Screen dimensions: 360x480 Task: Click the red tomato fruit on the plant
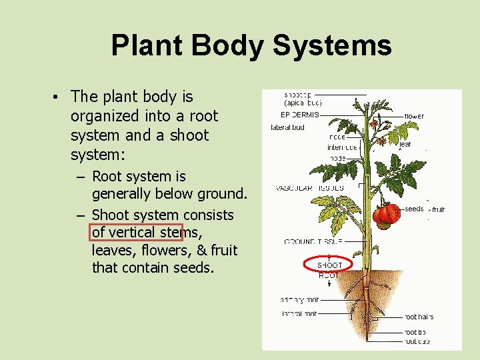point(386,215)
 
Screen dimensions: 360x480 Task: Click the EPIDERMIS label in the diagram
point(300,115)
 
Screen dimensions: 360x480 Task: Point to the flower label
point(414,116)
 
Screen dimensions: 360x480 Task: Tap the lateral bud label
point(287,127)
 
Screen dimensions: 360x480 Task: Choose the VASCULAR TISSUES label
point(310,188)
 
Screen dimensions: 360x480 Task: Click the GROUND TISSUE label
point(313,241)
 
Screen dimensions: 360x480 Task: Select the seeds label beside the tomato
point(414,209)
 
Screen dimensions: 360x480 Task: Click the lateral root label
point(299,313)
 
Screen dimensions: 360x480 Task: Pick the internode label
point(342,147)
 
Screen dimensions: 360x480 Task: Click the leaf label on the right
point(405,144)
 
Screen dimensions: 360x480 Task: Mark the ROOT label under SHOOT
point(329,274)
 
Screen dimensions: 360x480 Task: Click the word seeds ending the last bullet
point(193,268)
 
